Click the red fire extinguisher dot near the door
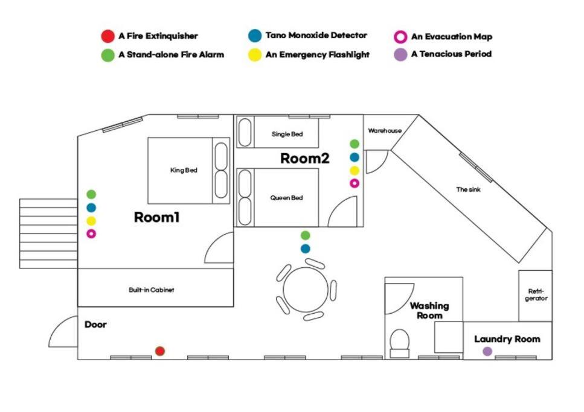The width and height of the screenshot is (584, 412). tap(160, 351)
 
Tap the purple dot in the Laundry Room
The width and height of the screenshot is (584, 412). tap(487, 351)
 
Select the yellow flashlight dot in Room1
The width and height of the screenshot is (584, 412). tap(91, 221)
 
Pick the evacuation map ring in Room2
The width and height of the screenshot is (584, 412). tap(355, 183)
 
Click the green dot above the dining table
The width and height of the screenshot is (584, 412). tap(306, 235)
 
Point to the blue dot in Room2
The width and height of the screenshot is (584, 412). tap(355, 157)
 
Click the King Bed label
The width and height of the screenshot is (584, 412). tap(184, 170)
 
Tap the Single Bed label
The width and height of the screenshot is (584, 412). tap(287, 134)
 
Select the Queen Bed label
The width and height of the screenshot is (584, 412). tap(286, 198)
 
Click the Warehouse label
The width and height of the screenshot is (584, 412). tap(385, 131)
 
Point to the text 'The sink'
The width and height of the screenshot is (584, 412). tap(468, 189)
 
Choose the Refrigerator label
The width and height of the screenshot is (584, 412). tap(536, 295)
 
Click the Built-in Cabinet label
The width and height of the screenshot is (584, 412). tap(151, 290)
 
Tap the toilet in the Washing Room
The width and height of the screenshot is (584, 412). tap(400, 343)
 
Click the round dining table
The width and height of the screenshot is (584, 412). tap(306, 290)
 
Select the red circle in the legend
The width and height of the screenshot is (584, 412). tap(107, 36)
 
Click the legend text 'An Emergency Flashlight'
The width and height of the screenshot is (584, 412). tap(317, 55)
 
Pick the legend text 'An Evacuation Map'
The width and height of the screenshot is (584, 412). tap(452, 36)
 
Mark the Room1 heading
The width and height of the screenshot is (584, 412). tap(157, 217)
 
